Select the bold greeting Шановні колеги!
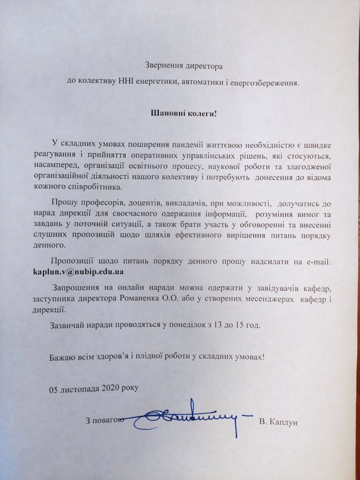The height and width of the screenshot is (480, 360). tap(183, 113)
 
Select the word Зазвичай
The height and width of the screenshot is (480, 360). tap(67, 325)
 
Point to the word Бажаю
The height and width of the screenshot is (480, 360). tap(62, 356)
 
